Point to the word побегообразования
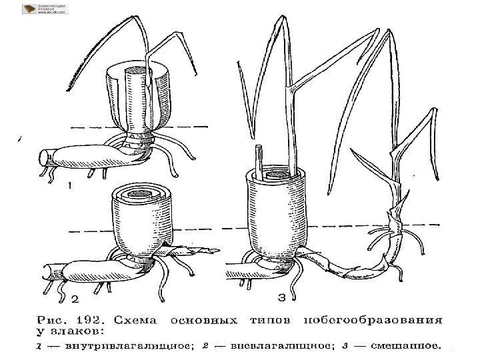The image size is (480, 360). (373, 319)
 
